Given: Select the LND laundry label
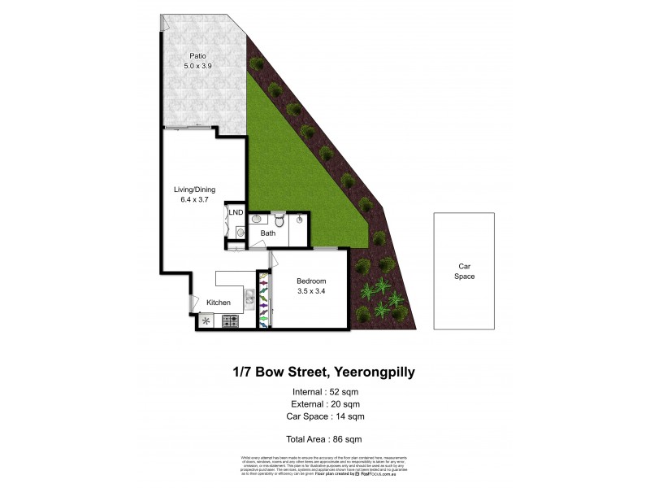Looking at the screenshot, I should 236,213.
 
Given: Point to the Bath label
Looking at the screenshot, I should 267,233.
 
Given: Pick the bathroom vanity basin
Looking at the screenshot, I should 256,218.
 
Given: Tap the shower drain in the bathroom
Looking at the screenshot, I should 300,220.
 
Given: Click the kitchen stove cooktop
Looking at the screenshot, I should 230,320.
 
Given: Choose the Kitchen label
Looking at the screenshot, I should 218,303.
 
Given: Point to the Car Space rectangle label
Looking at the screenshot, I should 465,272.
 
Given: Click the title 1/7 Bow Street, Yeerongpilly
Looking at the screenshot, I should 324,373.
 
